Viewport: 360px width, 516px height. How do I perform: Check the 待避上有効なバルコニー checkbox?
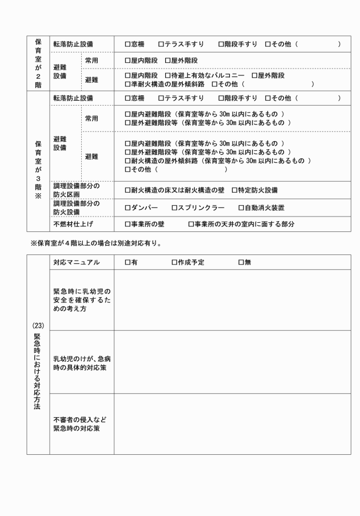167,75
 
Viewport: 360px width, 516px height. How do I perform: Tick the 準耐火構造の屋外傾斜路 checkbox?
127,84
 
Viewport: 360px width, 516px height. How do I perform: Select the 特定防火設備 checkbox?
234,190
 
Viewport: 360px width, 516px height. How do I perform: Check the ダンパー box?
127,207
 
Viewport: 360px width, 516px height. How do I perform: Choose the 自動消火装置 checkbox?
241,207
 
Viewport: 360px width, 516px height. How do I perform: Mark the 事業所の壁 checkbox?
127,225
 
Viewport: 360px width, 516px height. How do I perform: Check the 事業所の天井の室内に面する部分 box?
191,225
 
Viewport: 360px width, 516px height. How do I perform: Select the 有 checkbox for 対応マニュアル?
127,262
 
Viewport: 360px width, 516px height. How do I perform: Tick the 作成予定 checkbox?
174,262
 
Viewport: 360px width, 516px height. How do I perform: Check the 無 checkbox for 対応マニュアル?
241,262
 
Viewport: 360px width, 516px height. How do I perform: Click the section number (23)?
38,326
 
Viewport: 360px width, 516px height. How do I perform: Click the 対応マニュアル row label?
76,262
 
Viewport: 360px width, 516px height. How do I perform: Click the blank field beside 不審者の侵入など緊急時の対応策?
232,424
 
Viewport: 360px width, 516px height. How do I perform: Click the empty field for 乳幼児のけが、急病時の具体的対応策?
232,362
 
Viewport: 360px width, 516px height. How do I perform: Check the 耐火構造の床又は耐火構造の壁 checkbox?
127,190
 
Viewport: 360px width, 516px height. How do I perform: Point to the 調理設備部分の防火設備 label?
76,207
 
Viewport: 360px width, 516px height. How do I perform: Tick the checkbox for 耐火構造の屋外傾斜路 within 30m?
127,161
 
